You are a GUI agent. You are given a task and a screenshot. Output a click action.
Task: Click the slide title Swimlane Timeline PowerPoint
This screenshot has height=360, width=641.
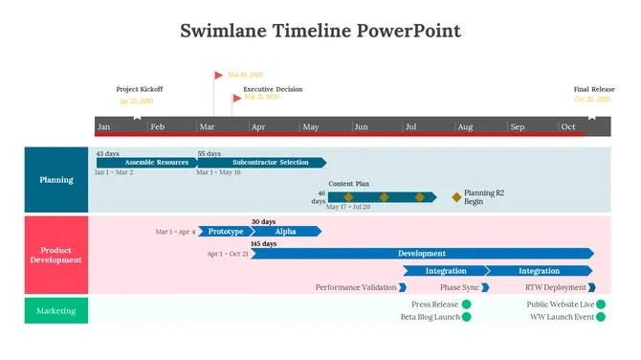tap(320, 31)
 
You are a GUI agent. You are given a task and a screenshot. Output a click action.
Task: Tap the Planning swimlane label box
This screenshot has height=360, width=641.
tap(56, 180)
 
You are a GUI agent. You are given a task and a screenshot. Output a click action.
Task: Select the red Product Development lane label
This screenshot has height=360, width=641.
tap(56, 255)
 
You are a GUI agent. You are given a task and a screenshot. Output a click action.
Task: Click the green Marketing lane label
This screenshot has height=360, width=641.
tap(56, 310)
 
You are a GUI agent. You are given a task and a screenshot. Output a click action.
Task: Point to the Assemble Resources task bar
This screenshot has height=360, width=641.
tap(148, 163)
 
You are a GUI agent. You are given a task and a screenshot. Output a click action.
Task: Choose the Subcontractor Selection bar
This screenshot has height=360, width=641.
tap(263, 163)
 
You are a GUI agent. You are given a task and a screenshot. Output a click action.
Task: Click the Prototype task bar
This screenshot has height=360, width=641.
tap(225, 231)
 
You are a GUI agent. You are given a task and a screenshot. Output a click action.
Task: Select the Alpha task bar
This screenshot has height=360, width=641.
tap(285, 231)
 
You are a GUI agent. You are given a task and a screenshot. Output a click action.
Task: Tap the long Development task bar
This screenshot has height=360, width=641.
tap(421, 254)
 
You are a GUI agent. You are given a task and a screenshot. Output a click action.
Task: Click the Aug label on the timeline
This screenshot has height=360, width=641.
tap(464, 126)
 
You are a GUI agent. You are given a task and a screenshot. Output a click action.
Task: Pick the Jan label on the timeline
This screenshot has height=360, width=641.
tap(104, 126)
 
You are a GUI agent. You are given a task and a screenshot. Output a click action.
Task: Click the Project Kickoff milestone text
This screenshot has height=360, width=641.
tap(140, 89)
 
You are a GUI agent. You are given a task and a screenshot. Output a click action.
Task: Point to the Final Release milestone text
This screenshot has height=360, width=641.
tap(594, 89)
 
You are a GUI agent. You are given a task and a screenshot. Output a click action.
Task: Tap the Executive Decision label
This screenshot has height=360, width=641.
tap(273, 89)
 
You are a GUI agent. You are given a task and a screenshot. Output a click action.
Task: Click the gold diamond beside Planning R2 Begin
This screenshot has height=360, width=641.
tap(456, 197)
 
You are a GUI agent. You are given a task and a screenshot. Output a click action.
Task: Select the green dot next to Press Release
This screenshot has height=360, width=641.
tap(467, 304)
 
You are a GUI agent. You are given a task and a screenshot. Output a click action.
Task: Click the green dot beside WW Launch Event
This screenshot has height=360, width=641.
tap(601, 316)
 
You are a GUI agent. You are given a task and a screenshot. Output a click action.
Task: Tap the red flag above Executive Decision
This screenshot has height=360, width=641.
tap(237, 97)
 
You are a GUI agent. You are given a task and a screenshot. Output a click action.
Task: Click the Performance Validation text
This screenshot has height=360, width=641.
tap(356, 287)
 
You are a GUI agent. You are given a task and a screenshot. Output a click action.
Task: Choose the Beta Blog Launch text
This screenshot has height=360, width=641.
tap(431, 316)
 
